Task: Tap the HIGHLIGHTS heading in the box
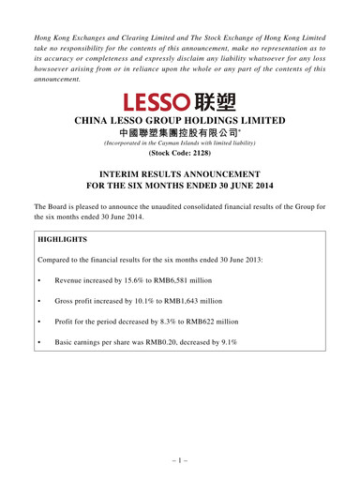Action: pyautogui.click(x=62, y=239)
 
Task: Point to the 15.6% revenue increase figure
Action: pyautogui.click(x=134, y=280)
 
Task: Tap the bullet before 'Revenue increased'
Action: pyautogui.click(x=38, y=280)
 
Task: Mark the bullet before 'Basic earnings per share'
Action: pyautogui.click(x=38, y=342)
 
